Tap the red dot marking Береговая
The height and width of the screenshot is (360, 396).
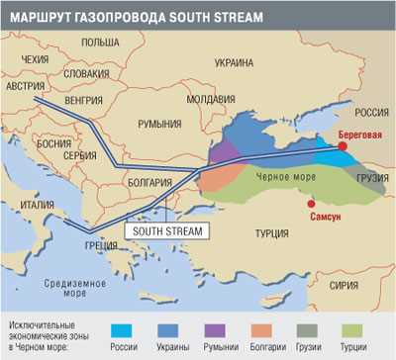click(x=343, y=146)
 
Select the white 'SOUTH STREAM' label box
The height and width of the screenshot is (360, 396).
click(x=167, y=230)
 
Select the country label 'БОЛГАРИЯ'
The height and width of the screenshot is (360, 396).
click(x=152, y=183)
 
